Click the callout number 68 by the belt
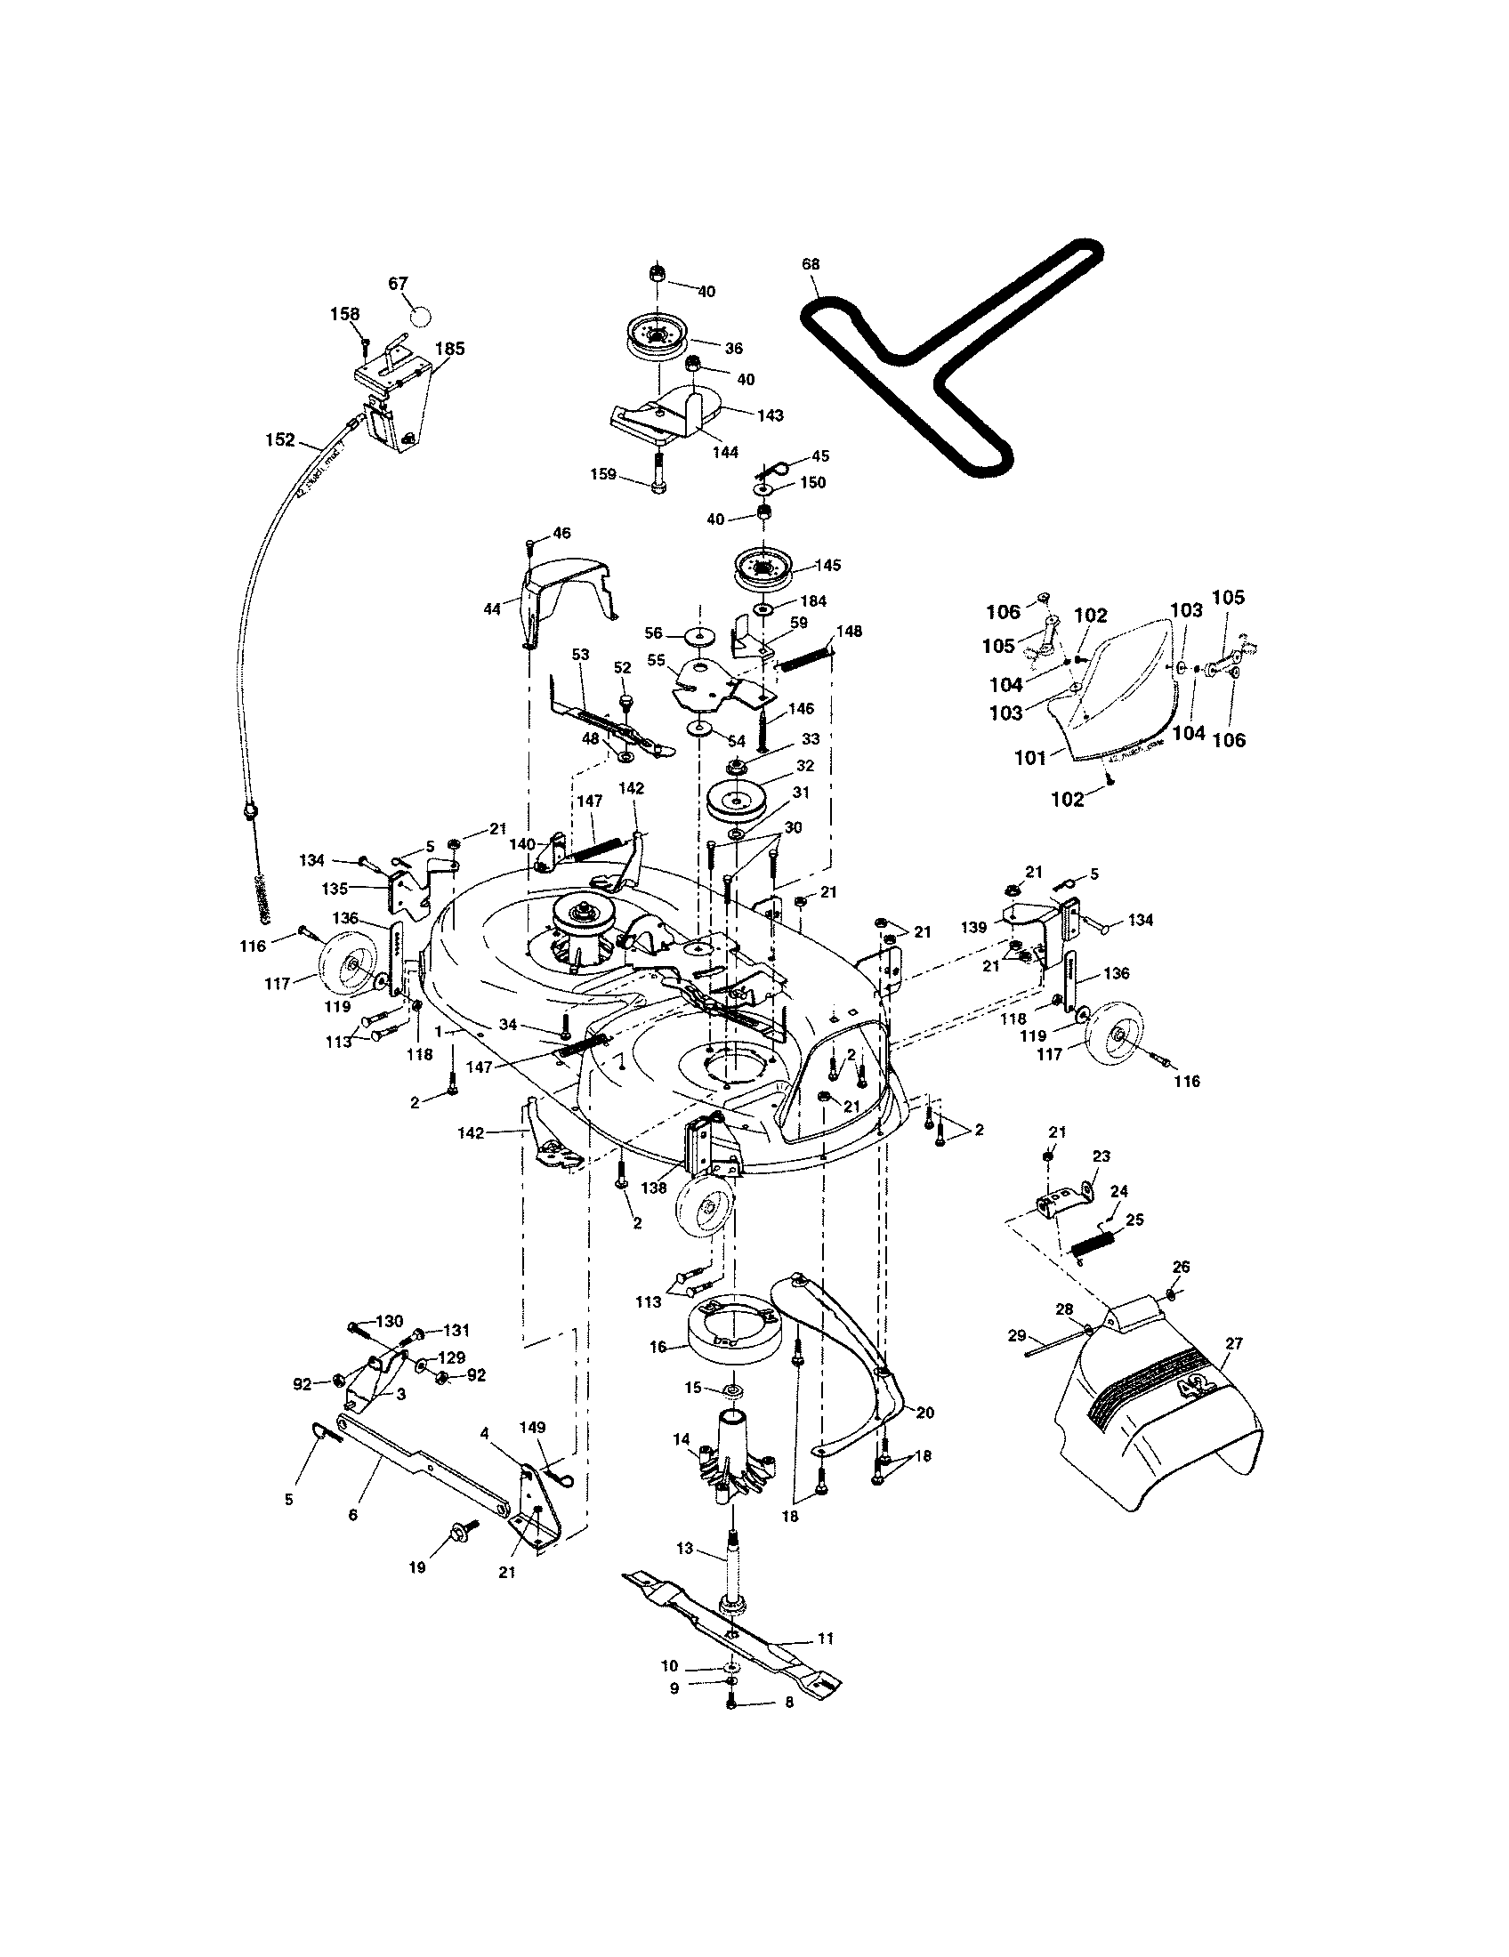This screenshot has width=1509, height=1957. (811, 264)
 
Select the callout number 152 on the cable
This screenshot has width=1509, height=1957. (280, 440)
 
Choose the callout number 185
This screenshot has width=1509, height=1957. (450, 349)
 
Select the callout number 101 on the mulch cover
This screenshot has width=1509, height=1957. (1030, 758)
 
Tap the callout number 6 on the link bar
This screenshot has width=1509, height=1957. (352, 1514)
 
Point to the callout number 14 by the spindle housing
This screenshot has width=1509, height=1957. (682, 1439)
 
